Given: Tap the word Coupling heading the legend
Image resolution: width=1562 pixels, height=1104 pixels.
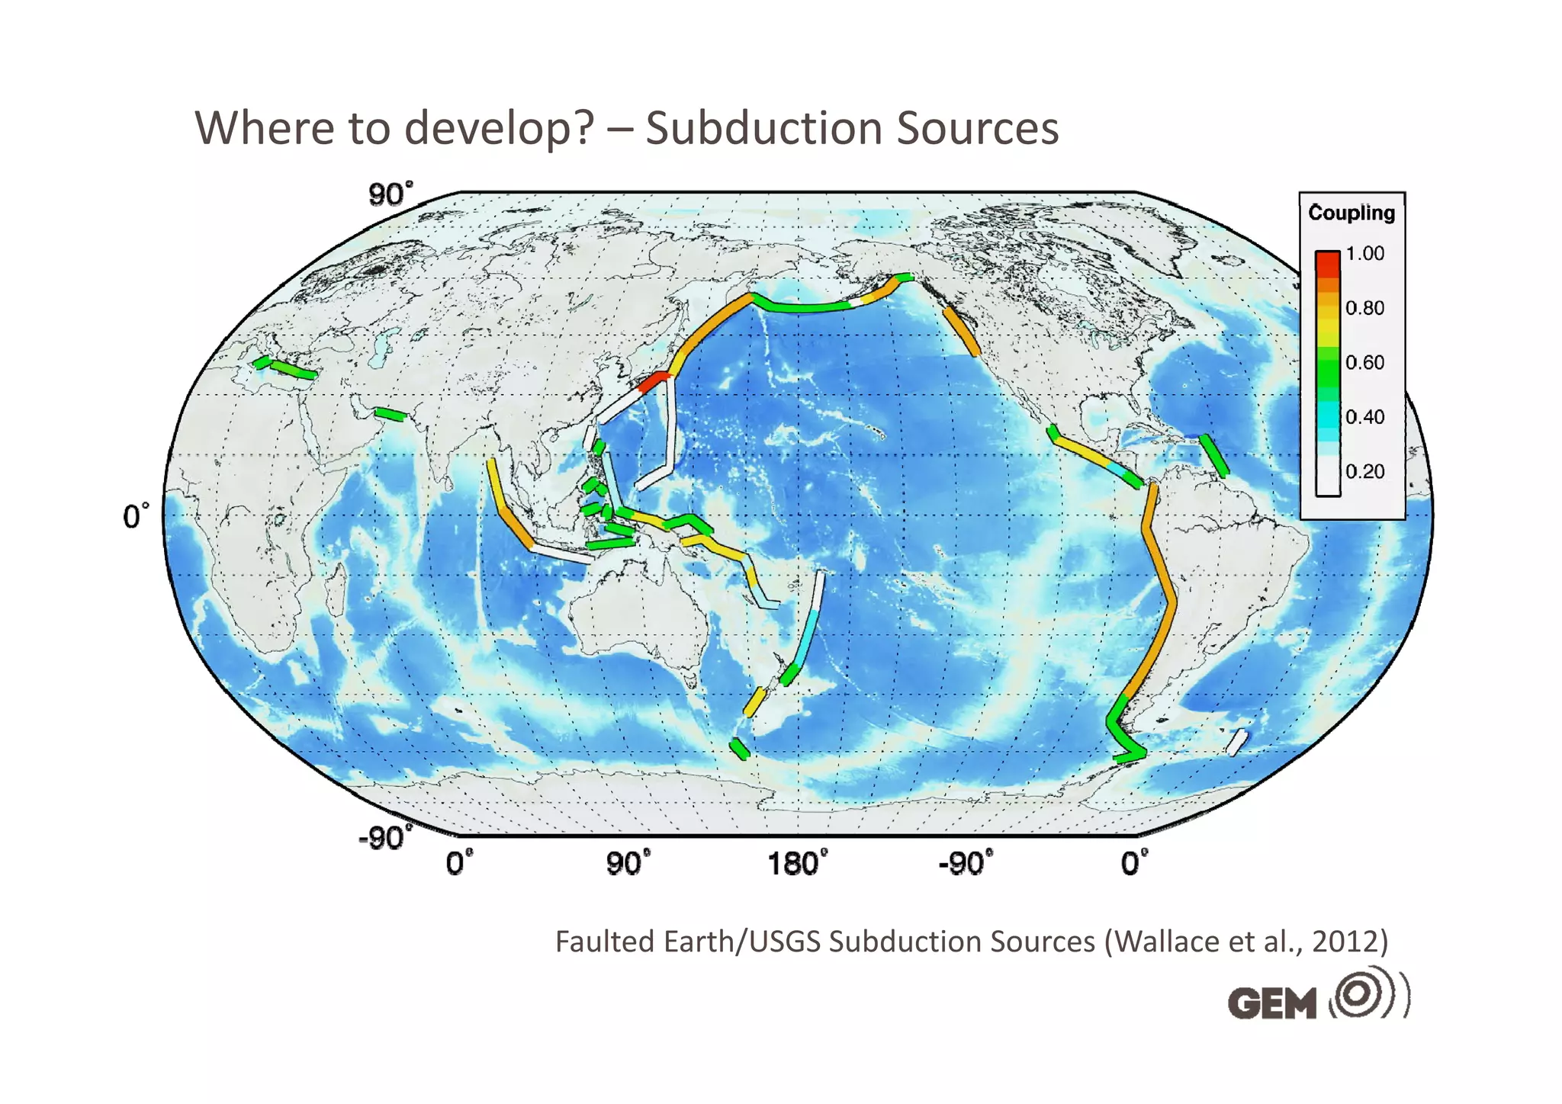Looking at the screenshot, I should coord(1351,213).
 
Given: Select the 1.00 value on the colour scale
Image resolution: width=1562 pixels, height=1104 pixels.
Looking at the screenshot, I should coord(1364,254).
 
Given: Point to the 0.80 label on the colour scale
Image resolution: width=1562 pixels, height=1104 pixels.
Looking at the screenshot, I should coord(1364,308).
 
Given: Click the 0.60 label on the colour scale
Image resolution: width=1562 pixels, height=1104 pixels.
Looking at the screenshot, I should coord(1364,362).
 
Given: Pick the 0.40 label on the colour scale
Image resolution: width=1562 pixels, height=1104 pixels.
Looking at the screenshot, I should coord(1364,417).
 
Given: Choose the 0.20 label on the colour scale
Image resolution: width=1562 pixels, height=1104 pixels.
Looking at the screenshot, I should coord(1364,471).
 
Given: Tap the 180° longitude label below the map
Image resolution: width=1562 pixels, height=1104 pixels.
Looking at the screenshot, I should coord(796,865).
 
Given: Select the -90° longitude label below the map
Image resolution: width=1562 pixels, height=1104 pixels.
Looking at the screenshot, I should coord(966,865).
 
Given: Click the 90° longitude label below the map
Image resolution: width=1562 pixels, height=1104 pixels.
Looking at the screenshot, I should coord(628,865).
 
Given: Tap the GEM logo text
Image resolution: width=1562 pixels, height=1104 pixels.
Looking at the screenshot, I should coord(1272,1003).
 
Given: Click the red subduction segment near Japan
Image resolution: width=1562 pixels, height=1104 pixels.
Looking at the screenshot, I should coord(654,381).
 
